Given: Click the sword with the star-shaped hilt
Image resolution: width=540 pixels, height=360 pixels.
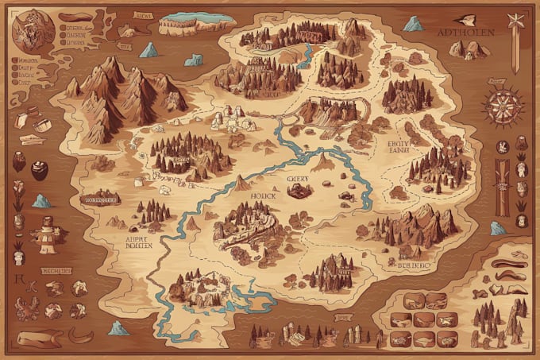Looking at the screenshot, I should click(517, 44).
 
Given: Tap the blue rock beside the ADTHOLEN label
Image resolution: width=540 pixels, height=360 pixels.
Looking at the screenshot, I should click(413, 24).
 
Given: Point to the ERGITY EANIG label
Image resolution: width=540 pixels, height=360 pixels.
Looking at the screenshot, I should click(398, 148).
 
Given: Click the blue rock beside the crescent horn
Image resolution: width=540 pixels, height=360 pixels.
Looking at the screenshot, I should click(119, 327).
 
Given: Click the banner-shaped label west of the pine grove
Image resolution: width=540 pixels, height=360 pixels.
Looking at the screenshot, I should click(100, 199).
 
